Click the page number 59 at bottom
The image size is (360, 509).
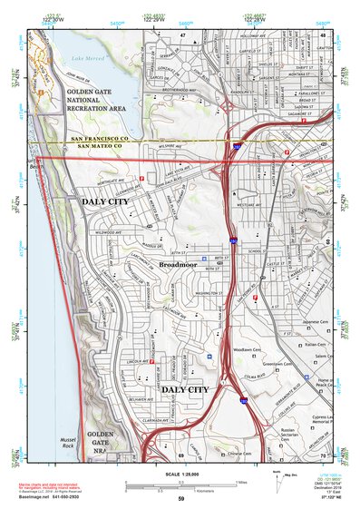click(180, 499)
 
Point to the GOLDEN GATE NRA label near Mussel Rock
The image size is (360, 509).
click(101, 444)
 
